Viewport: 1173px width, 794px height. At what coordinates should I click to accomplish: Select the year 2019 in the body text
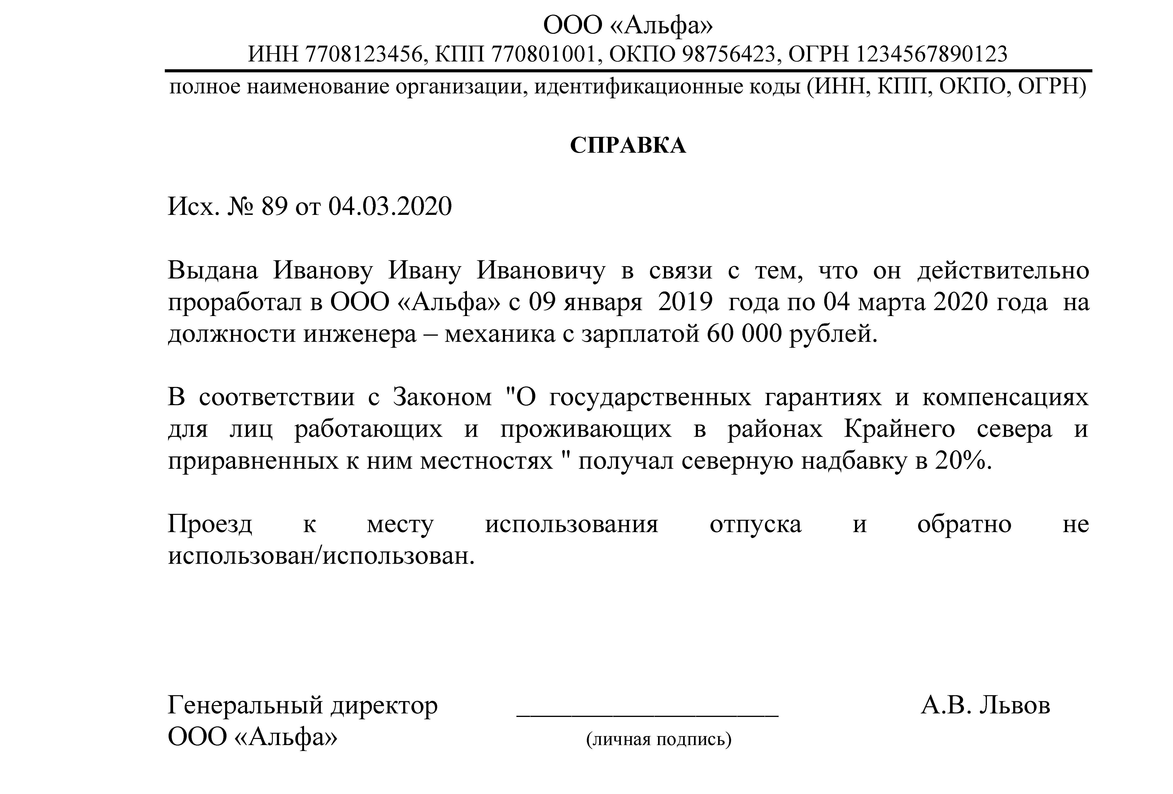[x=685, y=303]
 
